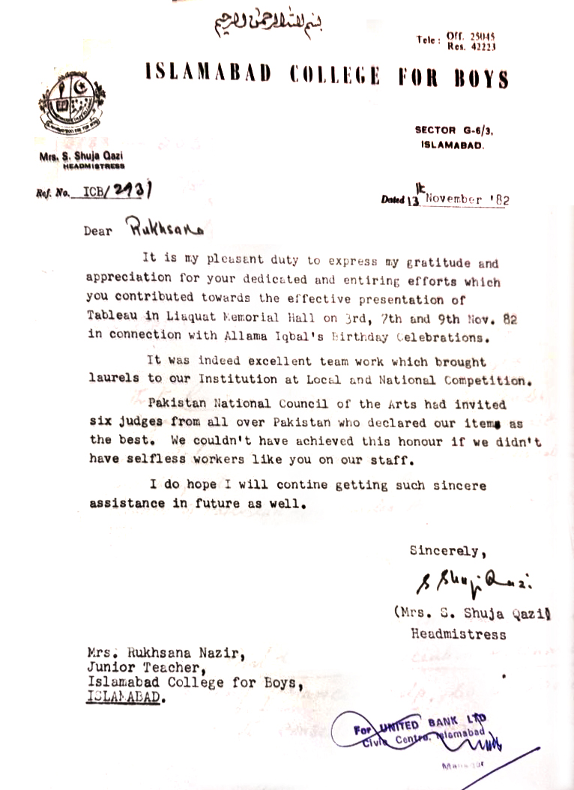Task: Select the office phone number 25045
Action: tap(482, 36)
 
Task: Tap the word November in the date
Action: tap(455, 199)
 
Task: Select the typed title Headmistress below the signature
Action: tap(458, 634)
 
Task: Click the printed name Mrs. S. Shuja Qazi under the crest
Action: tap(73, 156)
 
